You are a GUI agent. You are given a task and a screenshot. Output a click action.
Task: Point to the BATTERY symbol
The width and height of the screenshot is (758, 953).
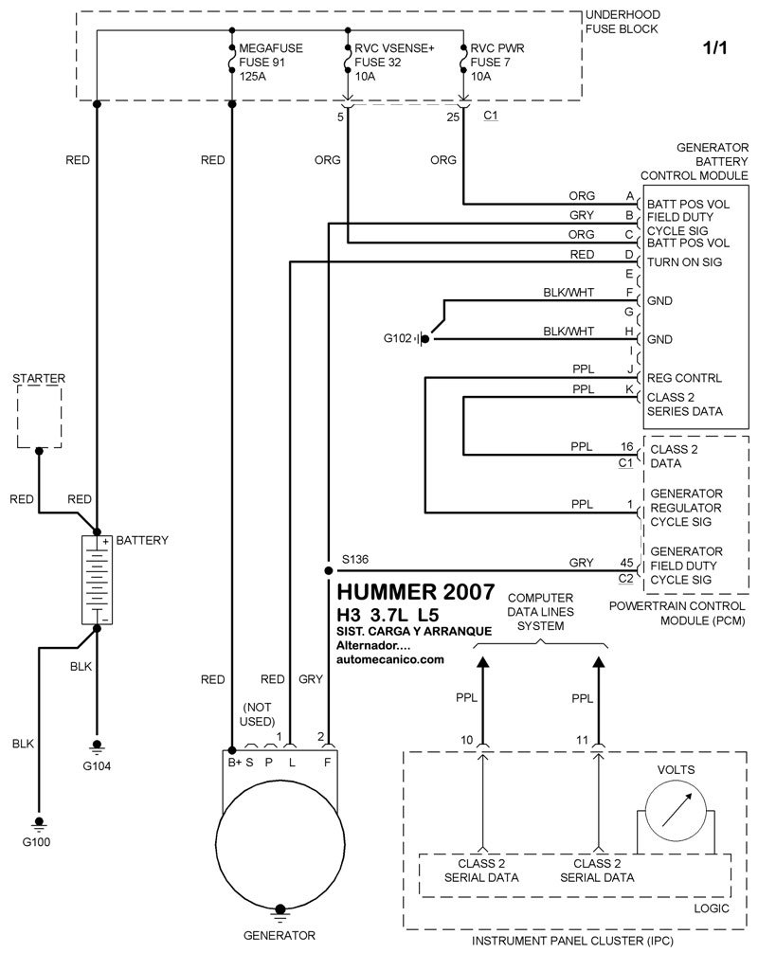96,579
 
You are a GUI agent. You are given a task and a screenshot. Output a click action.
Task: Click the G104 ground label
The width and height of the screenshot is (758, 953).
97,764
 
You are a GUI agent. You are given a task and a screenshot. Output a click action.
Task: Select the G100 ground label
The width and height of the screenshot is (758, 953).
39,841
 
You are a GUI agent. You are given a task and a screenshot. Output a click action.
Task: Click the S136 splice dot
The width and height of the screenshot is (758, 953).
328,571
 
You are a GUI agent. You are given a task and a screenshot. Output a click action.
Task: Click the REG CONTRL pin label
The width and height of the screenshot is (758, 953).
683,378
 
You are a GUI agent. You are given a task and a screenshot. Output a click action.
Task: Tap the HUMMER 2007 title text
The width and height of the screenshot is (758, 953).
415,592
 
